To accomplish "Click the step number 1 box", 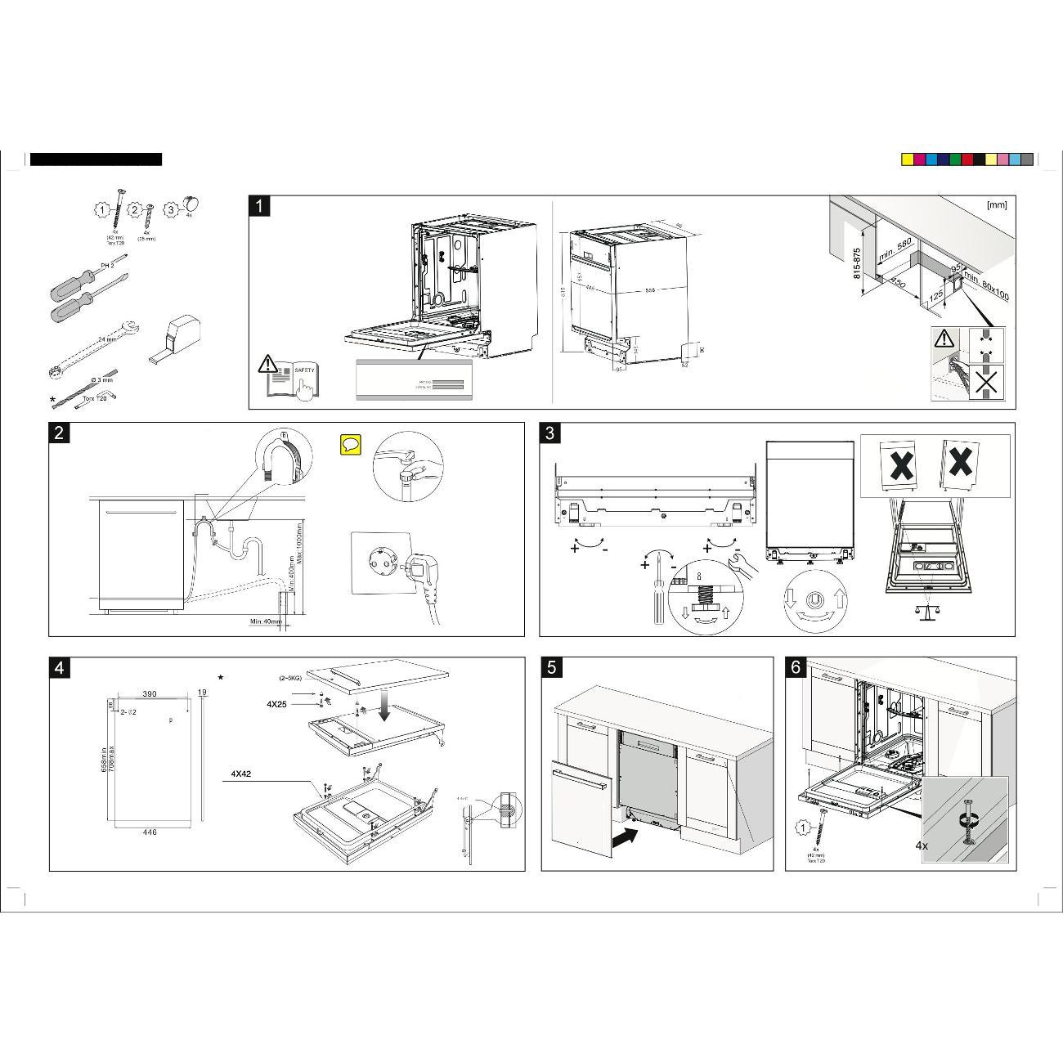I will pos(259,206).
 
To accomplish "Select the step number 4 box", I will pos(59,668).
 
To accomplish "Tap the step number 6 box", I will pos(796,667).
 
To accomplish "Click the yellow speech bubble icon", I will pos(351,445).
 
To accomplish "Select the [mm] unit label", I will pos(997,205).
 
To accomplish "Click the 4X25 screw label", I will pos(276,703).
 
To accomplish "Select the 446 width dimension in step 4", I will pos(150,832).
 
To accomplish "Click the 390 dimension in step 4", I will pos(150,693).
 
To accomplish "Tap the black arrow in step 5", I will pos(624,836).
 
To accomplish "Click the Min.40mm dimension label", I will pos(266,622).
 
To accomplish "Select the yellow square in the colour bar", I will pos(907,159).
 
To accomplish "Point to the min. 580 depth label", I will pos(895,250).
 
